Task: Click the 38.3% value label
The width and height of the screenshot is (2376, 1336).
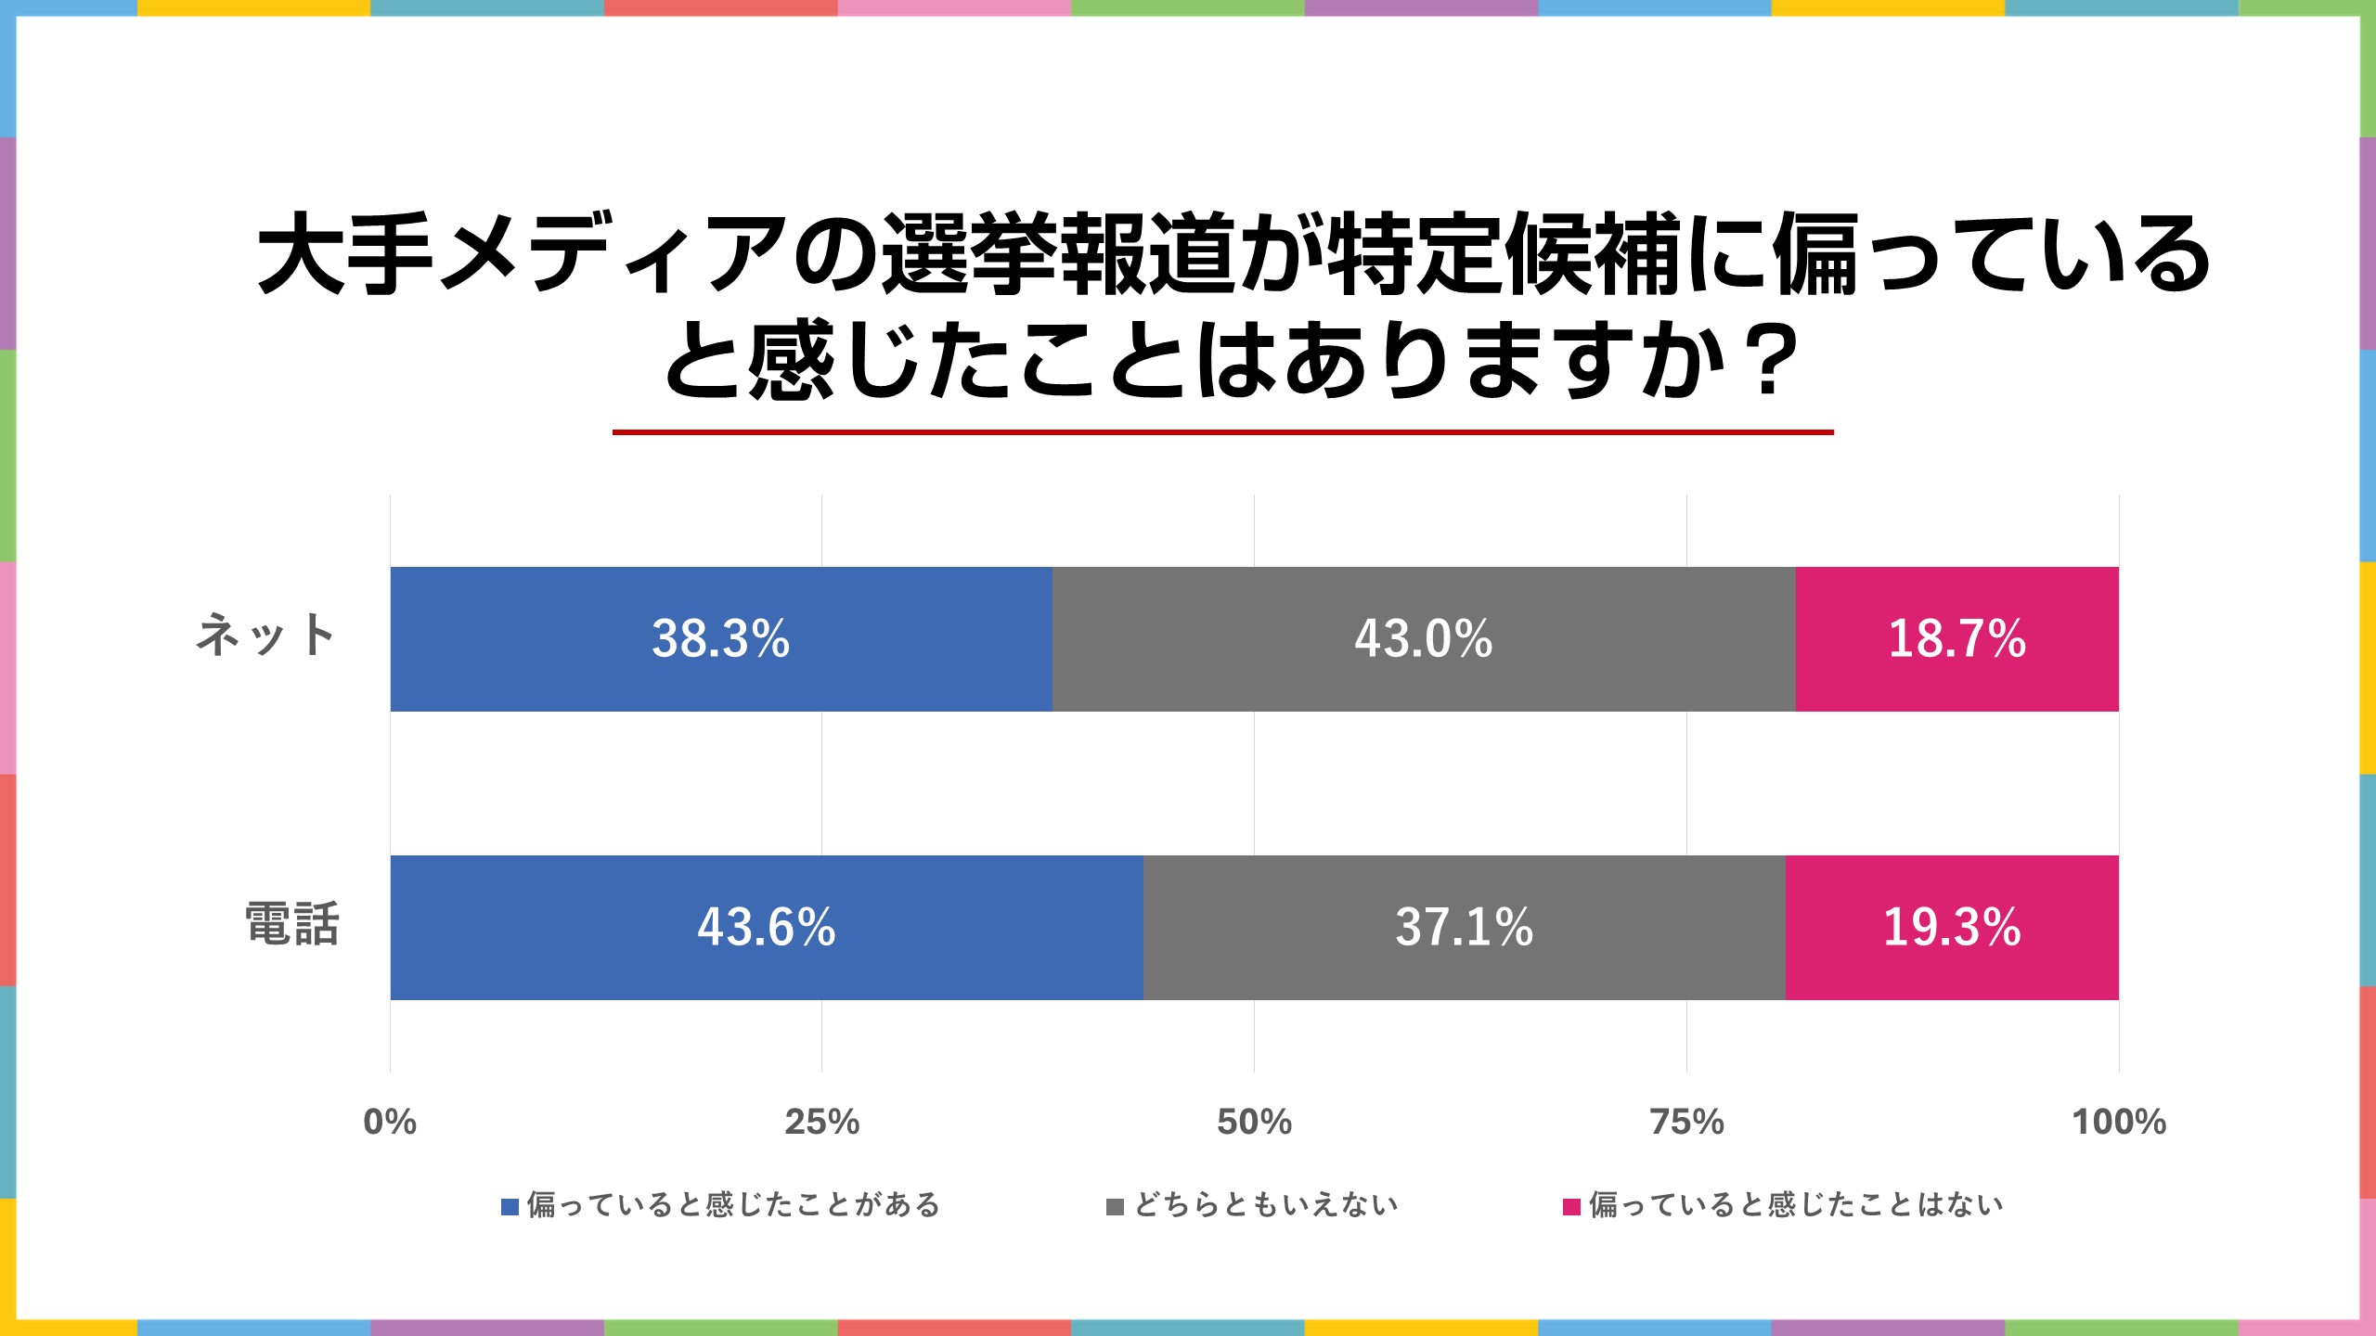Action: pyautogui.click(x=720, y=639)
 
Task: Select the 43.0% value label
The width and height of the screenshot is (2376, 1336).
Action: pyautogui.click(x=1423, y=639)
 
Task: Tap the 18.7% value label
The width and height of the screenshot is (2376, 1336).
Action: pyautogui.click(x=1956, y=639)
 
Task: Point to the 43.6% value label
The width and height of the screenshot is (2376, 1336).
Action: pyautogui.click(x=766, y=928)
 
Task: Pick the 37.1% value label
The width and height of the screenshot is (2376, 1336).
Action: pyautogui.click(x=1464, y=928)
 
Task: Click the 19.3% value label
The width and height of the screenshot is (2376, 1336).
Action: pyautogui.click(x=1951, y=928)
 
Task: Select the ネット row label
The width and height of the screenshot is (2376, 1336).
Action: pyautogui.click(x=265, y=636)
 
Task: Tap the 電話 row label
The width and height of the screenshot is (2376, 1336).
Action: pyautogui.click(x=292, y=925)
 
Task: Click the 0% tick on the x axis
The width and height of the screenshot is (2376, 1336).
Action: pyautogui.click(x=390, y=1123)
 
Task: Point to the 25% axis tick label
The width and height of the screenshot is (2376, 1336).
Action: pyautogui.click(x=821, y=1123)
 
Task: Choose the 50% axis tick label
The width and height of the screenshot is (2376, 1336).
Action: pyautogui.click(x=1254, y=1123)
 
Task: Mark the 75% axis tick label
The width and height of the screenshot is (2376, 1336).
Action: pyautogui.click(x=1686, y=1123)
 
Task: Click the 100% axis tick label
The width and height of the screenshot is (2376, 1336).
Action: pyautogui.click(x=2119, y=1123)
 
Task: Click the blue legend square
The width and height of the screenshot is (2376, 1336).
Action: pyautogui.click(x=510, y=1207)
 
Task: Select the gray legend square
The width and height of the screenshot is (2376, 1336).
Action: pyautogui.click(x=1116, y=1207)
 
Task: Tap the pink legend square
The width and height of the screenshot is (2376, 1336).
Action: pyautogui.click(x=1571, y=1207)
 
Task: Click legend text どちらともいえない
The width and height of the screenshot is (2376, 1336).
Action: pyautogui.click(x=1266, y=1205)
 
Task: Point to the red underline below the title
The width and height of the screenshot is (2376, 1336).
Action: pyautogui.click(x=1222, y=432)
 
